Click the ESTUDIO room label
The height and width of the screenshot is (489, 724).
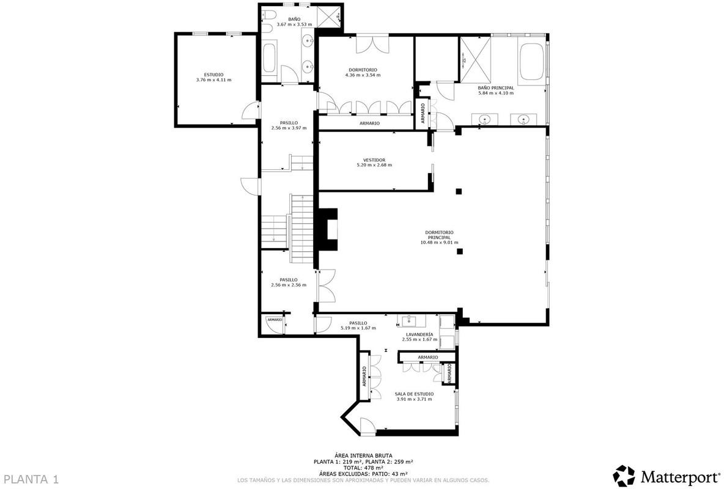pos(214,75)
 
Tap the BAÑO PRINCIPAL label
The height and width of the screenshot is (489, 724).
pos(496,88)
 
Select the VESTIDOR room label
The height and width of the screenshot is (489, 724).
pos(374,160)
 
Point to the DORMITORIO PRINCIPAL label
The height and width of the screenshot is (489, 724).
pos(439,235)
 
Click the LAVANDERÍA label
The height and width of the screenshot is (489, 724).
pos(419,334)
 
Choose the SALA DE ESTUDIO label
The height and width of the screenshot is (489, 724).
pos(414,394)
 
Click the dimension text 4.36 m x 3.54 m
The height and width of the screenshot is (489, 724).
pos(363,75)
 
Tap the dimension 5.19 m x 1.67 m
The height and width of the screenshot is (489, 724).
pos(358,328)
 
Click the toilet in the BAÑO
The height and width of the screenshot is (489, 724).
pos(267,18)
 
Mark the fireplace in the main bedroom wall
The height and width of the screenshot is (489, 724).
pos(327,230)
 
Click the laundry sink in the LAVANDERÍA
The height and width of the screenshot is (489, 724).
pos(409,321)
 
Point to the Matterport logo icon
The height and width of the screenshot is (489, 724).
pos(624,476)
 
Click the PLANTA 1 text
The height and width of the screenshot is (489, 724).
pos(31,479)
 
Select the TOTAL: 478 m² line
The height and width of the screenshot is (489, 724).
pos(363,467)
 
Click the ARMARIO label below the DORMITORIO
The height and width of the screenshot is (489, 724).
pos(369,123)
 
